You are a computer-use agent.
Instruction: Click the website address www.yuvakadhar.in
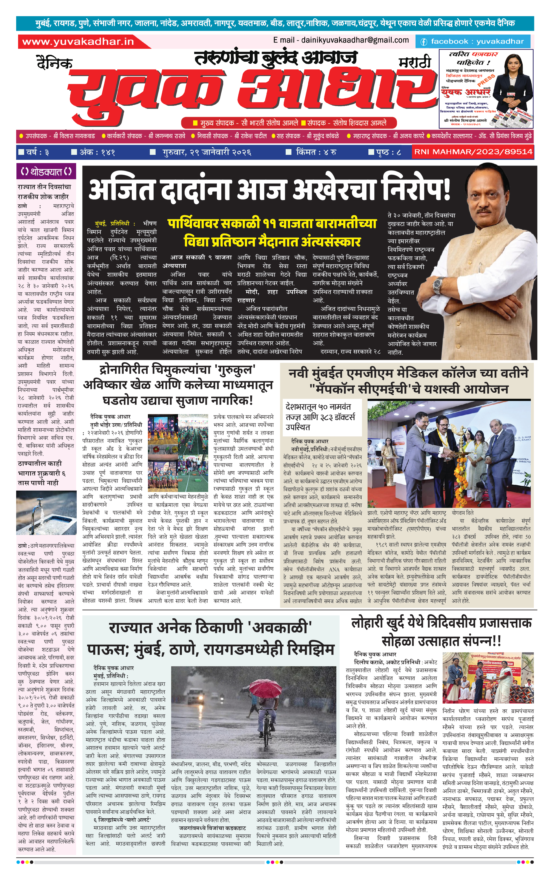[x=78, y=42]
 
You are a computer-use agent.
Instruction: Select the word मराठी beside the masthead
[x=415, y=63]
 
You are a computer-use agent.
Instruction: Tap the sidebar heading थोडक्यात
[x=46, y=171]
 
